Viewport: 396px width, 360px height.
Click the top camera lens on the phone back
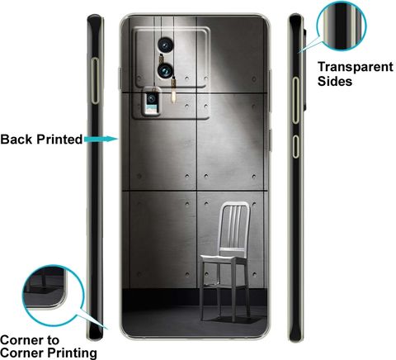[x=166, y=45]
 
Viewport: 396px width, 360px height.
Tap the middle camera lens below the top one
[x=166, y=70]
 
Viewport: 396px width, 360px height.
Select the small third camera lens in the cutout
[x=151, y=98]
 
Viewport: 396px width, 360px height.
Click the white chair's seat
[x=224, y=259]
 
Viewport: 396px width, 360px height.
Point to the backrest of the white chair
[x=235, y=225]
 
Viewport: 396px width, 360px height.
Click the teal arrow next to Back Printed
[x=101, y=139]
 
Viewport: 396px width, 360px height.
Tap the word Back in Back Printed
[x=16, y=140]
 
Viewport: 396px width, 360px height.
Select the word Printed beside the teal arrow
[x=59, y=140]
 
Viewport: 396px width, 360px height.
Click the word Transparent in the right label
[x=356, y=68]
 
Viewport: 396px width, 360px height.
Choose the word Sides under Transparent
[x=335, y=82]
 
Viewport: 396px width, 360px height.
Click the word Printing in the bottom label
[x=73, y=353]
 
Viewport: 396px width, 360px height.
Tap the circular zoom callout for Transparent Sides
[x=342, y=26]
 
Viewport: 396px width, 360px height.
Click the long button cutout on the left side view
[x=95, y=81]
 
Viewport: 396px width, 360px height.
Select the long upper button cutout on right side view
[x=295, y=100]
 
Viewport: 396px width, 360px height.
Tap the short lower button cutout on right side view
[x=295, y=146]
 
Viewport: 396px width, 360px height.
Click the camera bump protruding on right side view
[x=304, y=69]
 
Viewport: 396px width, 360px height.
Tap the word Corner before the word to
[x=20, y=340]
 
